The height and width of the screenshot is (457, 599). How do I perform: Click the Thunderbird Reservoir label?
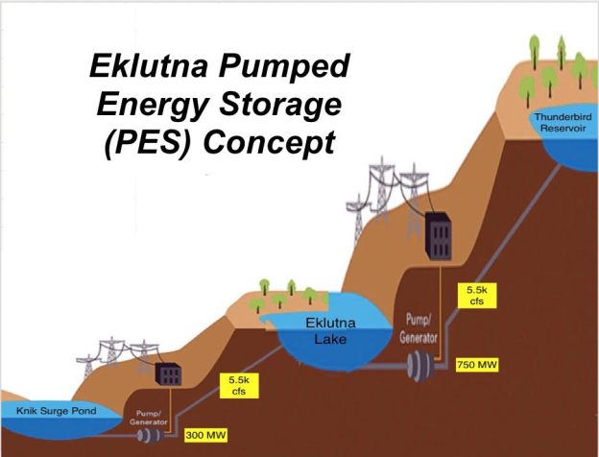click(x=566, y=123)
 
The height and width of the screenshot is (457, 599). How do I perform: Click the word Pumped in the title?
click(x=283, y=67)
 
